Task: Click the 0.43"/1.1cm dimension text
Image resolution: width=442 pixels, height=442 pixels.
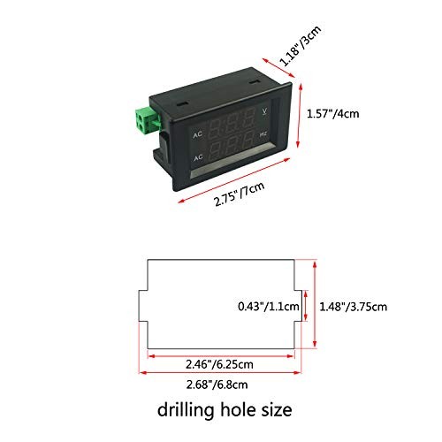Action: coord(271,306)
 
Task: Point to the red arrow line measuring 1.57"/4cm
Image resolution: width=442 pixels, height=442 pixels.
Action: coord(303,114)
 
